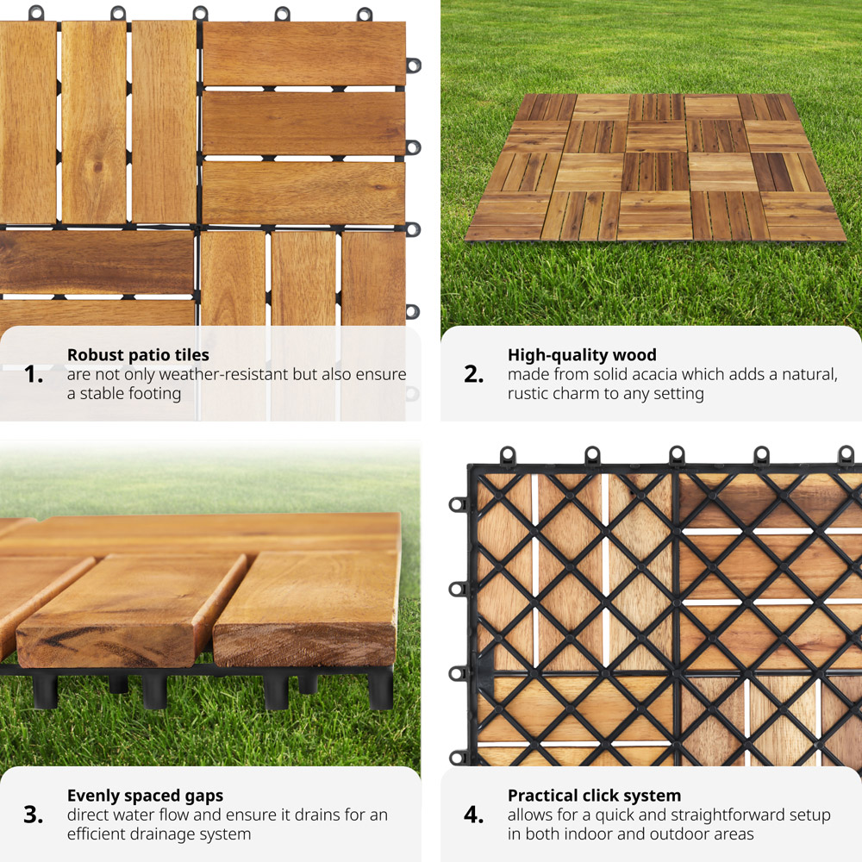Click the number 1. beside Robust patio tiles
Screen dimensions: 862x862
point(34,374)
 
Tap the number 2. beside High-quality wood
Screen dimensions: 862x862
point(474,374)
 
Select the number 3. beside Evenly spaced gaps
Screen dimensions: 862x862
point(34,815)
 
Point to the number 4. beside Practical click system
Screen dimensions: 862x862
point(474,815)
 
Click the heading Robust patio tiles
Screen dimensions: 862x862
point(138,354)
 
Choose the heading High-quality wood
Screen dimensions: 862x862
point(582,354)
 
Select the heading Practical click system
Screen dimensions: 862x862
point(594,796)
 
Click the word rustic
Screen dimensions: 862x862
point(529,394)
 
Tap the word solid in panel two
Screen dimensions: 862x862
point(604,374)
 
